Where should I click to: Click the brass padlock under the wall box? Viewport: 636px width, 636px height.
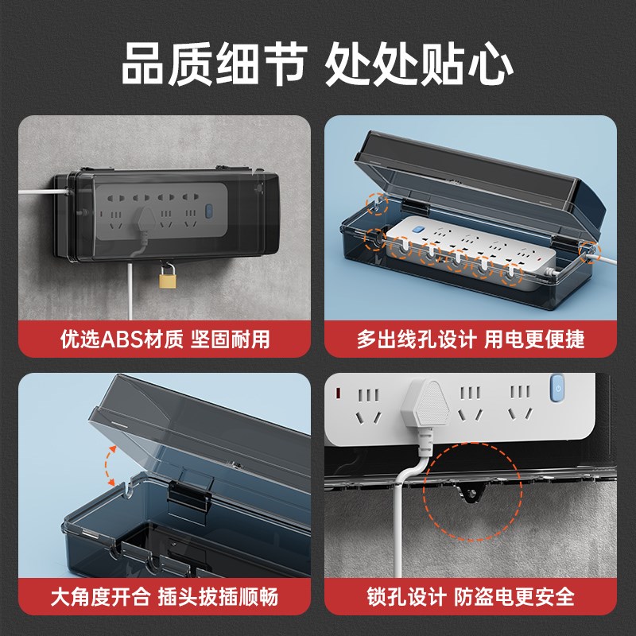[x=167, y=277]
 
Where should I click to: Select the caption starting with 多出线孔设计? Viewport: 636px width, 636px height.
[x=470, y=340]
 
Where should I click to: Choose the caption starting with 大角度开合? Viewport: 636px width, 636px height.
[x=164, y=596]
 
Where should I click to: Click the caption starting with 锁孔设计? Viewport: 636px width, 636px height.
[x=470, y=596]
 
